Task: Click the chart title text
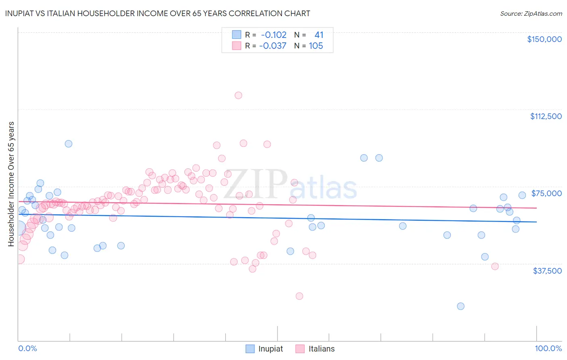158,13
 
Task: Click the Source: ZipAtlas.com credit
531,14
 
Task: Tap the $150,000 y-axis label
544,39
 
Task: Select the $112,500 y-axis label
546,116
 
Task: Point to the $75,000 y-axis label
546,193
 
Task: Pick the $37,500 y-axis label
547,271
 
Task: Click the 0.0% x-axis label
27,348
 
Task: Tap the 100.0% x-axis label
548,348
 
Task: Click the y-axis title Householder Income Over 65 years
11,184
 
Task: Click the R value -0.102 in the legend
273,35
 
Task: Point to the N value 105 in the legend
316,46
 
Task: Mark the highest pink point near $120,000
238,96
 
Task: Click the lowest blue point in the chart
461,306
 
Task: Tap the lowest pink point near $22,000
299,296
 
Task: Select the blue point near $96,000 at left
69,144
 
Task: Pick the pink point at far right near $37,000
495,266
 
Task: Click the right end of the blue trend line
536,222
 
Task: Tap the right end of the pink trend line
536,208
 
